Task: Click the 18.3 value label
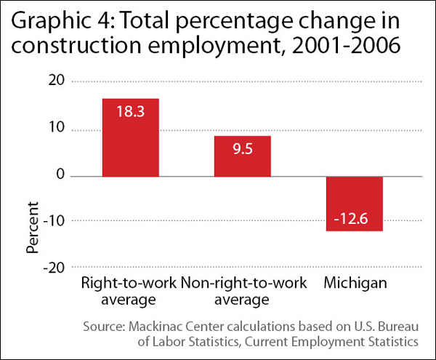(130, 111)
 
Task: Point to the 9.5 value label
(242, 148)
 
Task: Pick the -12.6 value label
(354, 218)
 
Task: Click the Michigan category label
(355, 284)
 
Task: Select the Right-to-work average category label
(129, 291)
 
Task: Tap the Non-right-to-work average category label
(242, 291)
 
